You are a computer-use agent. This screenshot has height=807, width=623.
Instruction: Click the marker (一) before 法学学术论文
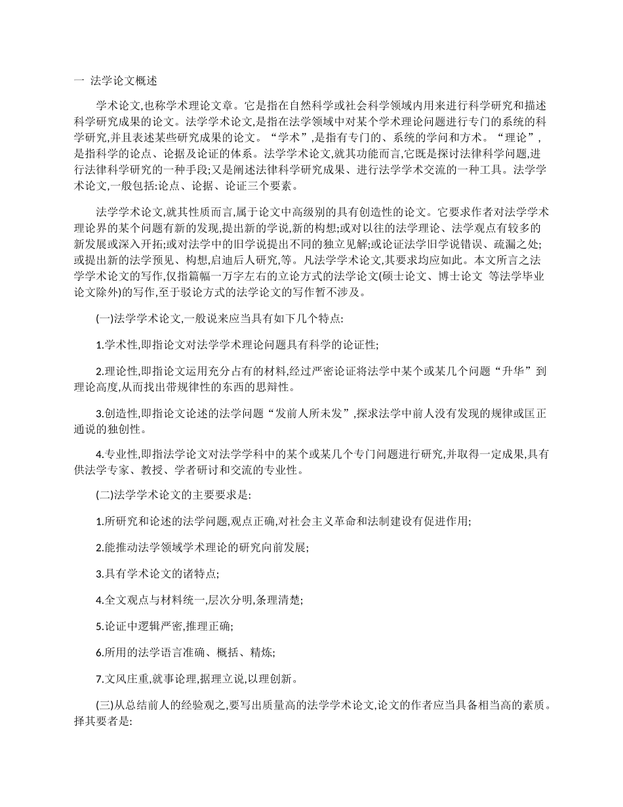pyautogui.click(x=104, y=319)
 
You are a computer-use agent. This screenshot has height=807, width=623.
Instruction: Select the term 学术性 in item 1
pyautogui.click(x=117, y=345)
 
